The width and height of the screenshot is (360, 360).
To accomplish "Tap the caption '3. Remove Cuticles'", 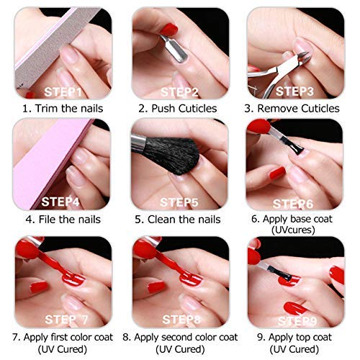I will tap(296, 109).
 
